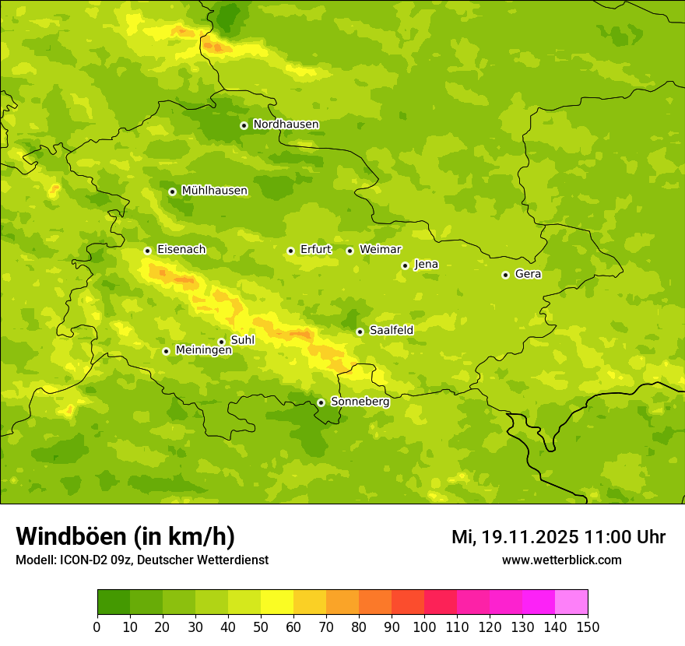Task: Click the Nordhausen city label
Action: point(286,125)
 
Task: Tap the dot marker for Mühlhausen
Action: point(172,191)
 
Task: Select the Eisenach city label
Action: point(181,250)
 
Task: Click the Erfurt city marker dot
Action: point(290,251)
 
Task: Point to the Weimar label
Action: point(380,249)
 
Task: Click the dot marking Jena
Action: point(405,265)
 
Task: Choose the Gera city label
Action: point(528,274)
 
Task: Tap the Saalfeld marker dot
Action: point(360,332)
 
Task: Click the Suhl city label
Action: point(242,340)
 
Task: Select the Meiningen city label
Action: point(204,350)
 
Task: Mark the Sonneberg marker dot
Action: point(321,402)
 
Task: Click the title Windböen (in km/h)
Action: point(125,536)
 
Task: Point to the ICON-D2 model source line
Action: point(142,560)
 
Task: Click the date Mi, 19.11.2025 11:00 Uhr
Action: point(558,537)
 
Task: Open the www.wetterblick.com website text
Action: point(561,560)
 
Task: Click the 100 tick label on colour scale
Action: point(424,627)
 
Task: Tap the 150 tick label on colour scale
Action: point(588,627)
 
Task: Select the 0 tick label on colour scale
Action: point(97,627)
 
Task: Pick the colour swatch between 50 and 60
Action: point(277,602)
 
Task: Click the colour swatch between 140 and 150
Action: point(571,602)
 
